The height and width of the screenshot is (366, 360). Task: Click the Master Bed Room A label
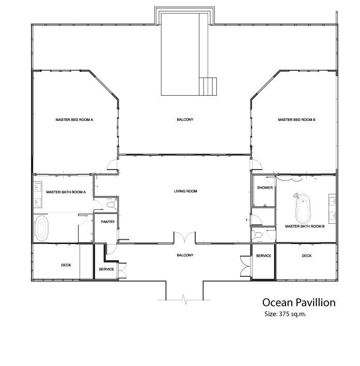[x=74, y=120]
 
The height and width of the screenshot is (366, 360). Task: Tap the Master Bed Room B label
[x=296, y=120]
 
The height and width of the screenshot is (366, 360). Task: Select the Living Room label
[x=185, y=191]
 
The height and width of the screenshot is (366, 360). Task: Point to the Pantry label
[x=108, y=222]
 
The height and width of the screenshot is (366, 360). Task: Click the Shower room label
[x=265, y=188]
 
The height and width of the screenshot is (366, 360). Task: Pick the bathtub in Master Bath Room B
[x=303, y=208]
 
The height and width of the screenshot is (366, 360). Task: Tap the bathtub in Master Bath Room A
[x=41, y=228]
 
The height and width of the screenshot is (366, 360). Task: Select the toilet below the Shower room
[x=258, y=235]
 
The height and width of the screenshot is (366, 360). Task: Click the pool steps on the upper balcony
[x=208, y=86]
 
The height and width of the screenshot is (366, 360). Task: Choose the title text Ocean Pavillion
[x=299, y=302]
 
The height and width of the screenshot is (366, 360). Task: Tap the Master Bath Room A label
[x=66, y=192]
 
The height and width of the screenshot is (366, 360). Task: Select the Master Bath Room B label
[x=305, y=226]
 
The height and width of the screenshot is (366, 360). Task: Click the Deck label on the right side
[x=307, y=256]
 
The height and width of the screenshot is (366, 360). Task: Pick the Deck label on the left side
[x=66, y=265]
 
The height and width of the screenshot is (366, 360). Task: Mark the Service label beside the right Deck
[x=263, y=256]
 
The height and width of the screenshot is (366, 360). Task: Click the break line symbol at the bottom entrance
[x=184, y=299]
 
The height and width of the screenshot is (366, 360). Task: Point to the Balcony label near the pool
[x=185, y=119]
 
